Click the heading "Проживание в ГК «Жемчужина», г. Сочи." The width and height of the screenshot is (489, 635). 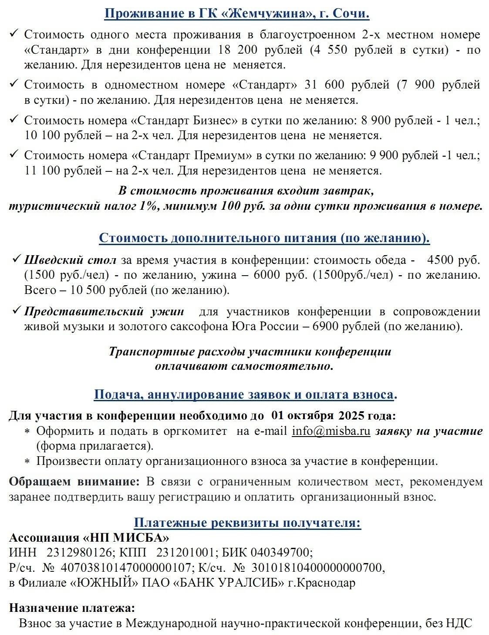point(237,14)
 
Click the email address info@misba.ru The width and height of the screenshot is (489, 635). point(331,431)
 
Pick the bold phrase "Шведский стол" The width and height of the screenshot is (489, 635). point(70,260)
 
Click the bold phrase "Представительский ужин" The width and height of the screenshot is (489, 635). point(104,311)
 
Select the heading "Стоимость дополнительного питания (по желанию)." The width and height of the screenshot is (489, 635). point(264,238)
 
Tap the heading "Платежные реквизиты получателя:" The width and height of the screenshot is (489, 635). point(247,522)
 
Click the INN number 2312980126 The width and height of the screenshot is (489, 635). point(79,553)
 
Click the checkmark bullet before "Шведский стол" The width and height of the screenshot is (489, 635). point(17,260)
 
